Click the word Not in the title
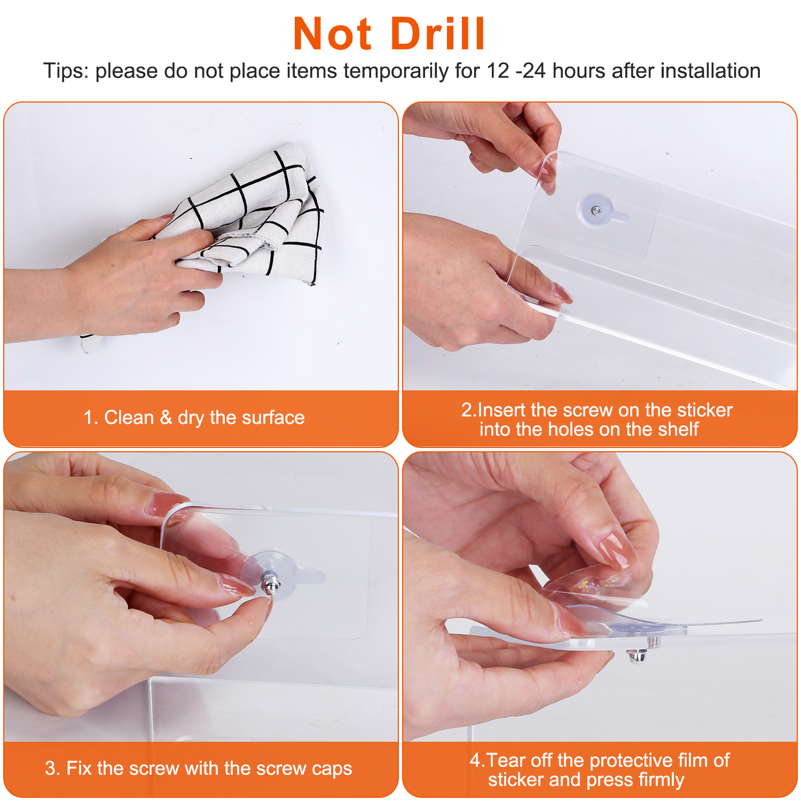click(x=332, y=34)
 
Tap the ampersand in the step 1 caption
click(x=166, y=417)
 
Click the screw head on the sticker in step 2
click(x=596, y=211)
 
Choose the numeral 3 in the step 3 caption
click(x=50, y=768)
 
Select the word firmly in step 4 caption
click(x=661, y=780)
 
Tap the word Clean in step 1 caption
click(x=129, y=417)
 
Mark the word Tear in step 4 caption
click(x=505, y=760)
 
